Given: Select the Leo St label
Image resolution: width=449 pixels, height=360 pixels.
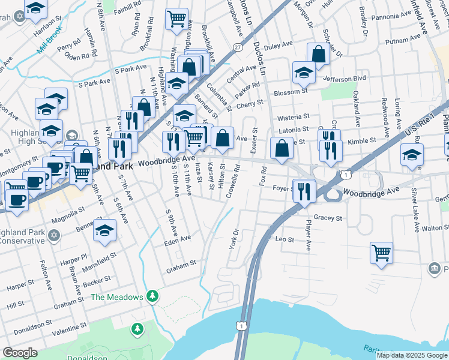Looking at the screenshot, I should coord(285,239).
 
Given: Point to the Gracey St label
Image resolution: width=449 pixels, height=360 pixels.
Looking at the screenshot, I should coord(327,218).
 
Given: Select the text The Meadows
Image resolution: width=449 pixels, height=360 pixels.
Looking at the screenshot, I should coord(117,297).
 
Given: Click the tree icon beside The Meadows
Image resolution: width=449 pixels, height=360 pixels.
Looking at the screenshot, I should coord(153,296).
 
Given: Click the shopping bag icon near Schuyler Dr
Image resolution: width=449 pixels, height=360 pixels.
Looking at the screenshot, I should coord(318,54).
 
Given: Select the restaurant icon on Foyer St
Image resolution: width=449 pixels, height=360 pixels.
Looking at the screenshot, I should coord(304,190).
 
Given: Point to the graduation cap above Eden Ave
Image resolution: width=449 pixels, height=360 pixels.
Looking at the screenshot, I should coord(105,232).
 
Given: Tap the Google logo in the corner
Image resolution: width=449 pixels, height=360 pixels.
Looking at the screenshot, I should coord(20,353).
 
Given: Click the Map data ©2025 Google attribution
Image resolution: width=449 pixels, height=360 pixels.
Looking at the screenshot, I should coord(411,355).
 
